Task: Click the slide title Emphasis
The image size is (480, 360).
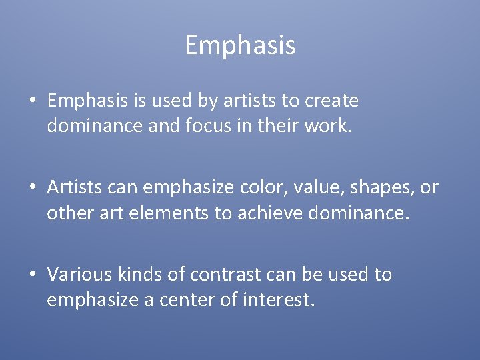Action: pyautogui.click(x=240, y=45)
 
